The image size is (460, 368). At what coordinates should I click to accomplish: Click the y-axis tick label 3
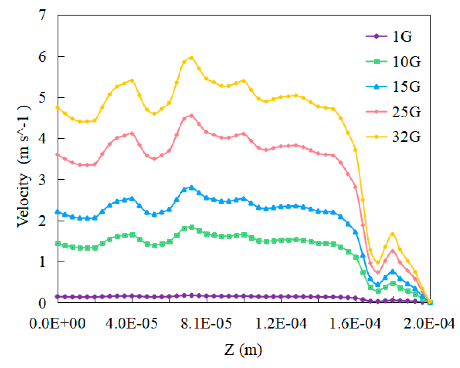pyautogui.click(x=42, y=180)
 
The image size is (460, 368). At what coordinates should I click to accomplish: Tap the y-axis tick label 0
pyautogui.click(x=42, y=303)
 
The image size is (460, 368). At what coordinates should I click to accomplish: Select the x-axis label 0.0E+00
pyautogui.click(x=57, y=323)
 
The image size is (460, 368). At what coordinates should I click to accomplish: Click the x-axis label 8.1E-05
pyautogui.click(x=206, y=323)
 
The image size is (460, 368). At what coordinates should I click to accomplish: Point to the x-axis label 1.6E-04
pyautogui.click(x=355, y=323)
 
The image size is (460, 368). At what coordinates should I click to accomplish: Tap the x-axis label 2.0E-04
pyautogui.click(x=429, y=323)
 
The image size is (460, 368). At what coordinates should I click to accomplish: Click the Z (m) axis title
pyautogui.click(x=243, y=350)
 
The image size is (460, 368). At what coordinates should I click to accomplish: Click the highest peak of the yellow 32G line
pyautogui.click(x=191, y=58)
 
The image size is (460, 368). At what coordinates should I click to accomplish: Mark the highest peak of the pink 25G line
pyautogui.click(x=191, y=116)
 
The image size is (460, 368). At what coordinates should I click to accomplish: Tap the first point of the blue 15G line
pyautogui.click(x=58, y=212)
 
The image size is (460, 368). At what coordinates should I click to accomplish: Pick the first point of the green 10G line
pyautogui.click(x=58, y=243)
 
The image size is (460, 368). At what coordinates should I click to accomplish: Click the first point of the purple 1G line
pyautogui.click(x=58, y=297)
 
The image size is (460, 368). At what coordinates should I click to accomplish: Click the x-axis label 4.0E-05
pyautogui.click(x=132, y=323)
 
